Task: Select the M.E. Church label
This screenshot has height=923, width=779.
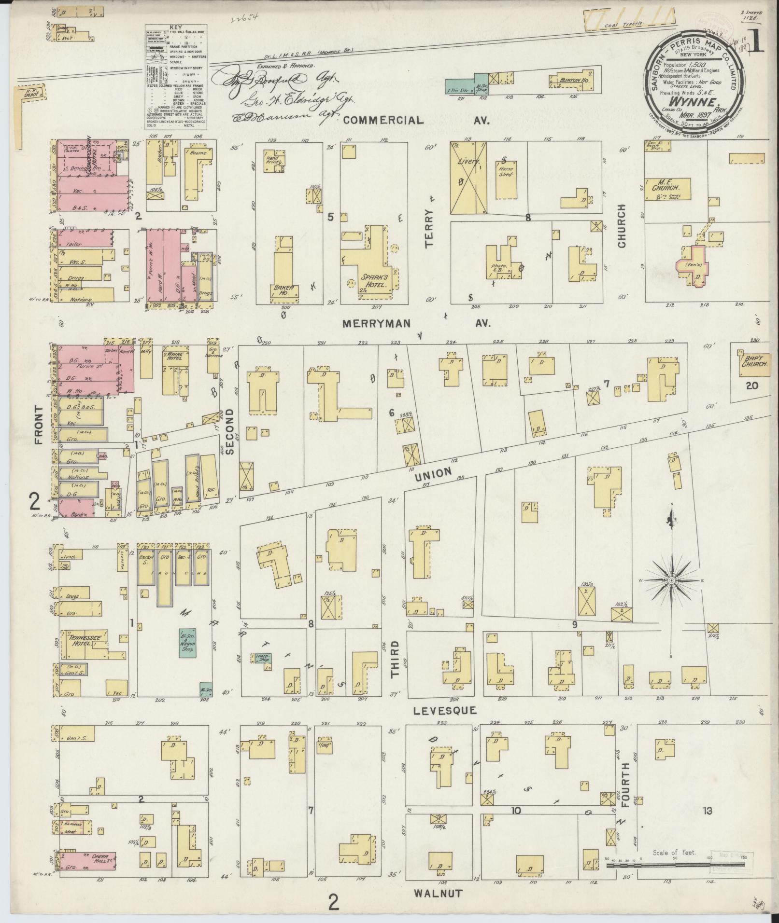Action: pos(667,188)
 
